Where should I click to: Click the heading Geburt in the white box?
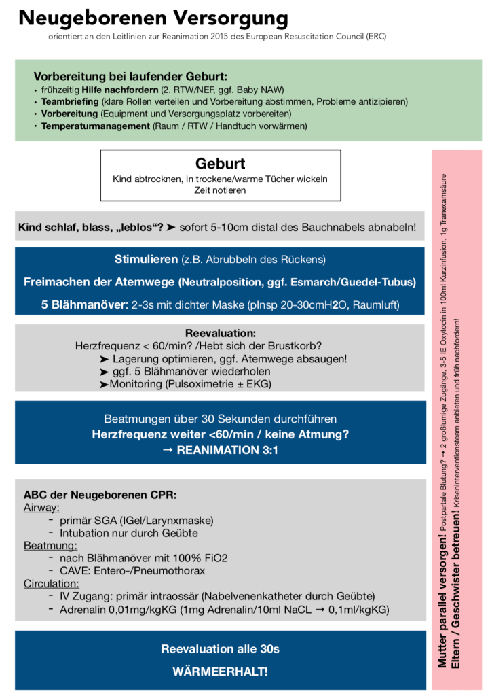coord(220,164)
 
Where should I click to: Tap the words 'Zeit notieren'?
coord(220,190)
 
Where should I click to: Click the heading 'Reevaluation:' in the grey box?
coord(220,334)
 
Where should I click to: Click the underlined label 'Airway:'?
coord(42,507)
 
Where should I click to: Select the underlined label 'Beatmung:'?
coord(48,545)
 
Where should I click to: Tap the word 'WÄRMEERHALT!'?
coord(220,672)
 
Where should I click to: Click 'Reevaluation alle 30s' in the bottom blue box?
coord(220,649)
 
